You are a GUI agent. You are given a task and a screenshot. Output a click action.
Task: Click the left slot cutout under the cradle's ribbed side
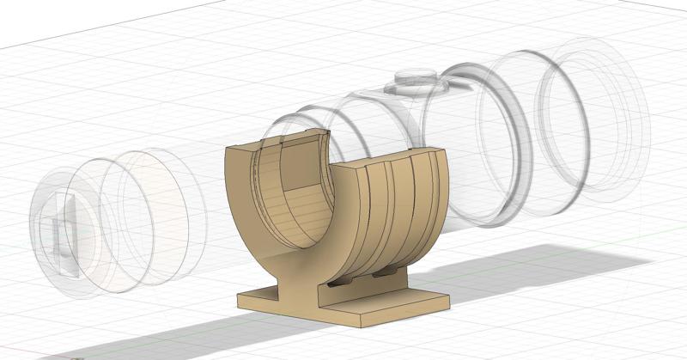[339, 280]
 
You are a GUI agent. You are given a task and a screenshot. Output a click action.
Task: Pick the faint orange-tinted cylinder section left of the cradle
[172, 215]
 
